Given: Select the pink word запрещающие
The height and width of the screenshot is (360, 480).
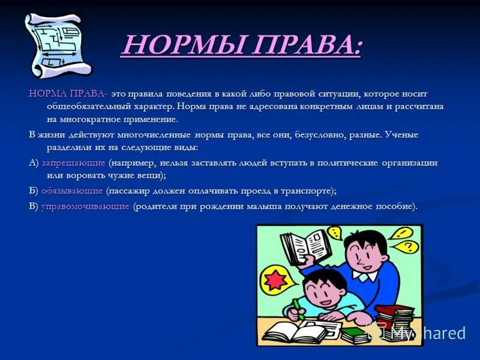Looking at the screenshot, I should tap(73, 163).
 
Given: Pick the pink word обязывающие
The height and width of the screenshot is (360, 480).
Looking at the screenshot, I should tap(72, 191).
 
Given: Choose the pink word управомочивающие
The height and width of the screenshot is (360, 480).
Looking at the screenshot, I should tap(85, 206).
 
